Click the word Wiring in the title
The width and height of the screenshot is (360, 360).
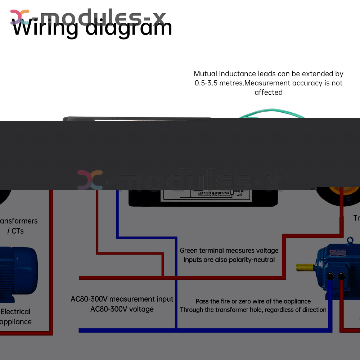pos(45,28)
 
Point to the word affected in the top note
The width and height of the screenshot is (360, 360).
pos(269,93)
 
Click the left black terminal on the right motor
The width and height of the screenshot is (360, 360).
pos(330,276)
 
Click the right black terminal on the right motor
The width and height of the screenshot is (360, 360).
pos(341,276)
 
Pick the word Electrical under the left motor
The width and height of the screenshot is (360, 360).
pos(15,312)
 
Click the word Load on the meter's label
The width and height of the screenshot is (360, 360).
pos(239,194)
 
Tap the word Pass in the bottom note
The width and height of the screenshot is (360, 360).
pos(202,301)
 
